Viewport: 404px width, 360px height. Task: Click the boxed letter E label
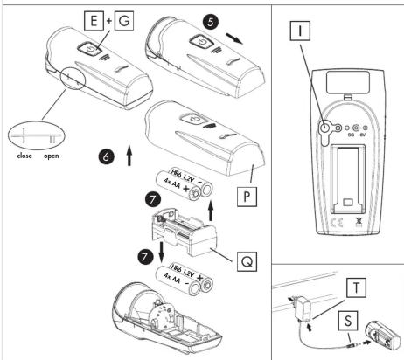tap(94, 20)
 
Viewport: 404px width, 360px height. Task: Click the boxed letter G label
tap(124, 20)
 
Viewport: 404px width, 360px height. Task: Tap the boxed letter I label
tap(300, 31)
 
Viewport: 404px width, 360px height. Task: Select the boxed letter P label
tap(247, 197)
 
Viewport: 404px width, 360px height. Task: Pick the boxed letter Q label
tap(247, 261)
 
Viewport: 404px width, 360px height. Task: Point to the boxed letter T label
tap(356, 288)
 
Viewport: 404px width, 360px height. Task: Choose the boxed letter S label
tap(348, 321)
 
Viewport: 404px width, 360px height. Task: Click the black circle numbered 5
tap(211, 22)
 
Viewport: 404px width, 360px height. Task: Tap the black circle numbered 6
tap(106, 156)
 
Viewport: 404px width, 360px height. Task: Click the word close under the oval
tap(24, 156)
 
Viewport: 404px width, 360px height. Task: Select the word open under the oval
tap(52, 156)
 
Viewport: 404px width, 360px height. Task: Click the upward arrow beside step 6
tap(129, 155)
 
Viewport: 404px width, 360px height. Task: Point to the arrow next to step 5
tap(234, 38)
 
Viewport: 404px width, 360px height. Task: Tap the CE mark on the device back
tap(337, 223)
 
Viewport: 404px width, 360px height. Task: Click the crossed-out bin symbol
tap(359, 222)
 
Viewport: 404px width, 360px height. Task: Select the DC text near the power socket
tap(352, 135)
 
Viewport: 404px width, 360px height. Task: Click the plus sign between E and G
tap(109, 21)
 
